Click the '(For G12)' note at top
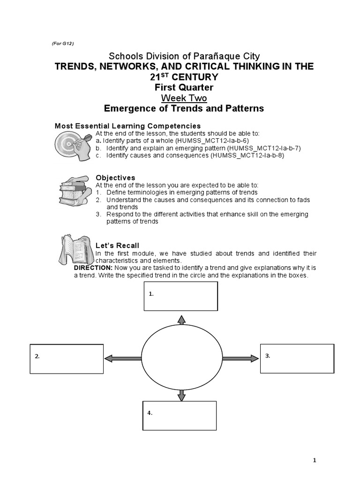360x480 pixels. coord(62,44)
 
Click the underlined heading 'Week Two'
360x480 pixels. coord(183,98)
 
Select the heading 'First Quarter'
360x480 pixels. coord(183,87)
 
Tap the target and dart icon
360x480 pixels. coord(72,146)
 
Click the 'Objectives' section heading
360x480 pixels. coord(115,178)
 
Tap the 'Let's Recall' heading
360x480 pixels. coord(117,246)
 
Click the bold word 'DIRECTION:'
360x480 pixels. coord(93,268)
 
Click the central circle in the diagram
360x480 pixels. coord(182,358)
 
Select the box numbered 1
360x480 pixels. coord(180,296)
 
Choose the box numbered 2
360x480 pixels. coord(67,359)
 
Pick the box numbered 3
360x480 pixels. coord(296,358)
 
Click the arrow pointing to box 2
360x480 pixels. coord(122,359)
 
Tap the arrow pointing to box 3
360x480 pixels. coord(240,358)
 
